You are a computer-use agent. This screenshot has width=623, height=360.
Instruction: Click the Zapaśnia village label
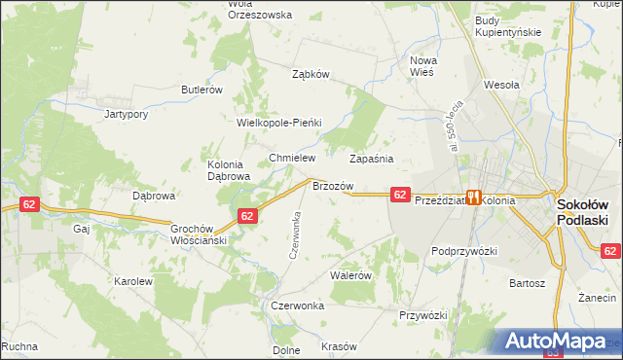371,158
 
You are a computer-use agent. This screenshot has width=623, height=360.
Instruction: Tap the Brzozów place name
331,185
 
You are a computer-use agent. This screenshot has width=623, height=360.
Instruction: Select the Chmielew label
289,158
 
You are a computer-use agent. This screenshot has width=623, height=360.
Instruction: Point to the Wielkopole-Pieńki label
279,123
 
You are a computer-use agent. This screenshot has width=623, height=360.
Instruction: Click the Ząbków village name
312,73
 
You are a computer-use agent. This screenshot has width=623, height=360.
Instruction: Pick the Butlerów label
202,90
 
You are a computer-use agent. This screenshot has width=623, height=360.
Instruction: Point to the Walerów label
351,275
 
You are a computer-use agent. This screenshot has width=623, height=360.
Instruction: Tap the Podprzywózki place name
464,251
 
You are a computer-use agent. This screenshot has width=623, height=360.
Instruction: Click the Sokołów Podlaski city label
582,212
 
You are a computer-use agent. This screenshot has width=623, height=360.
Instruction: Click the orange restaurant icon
474,197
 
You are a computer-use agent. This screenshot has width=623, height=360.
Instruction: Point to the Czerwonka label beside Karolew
298,305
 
